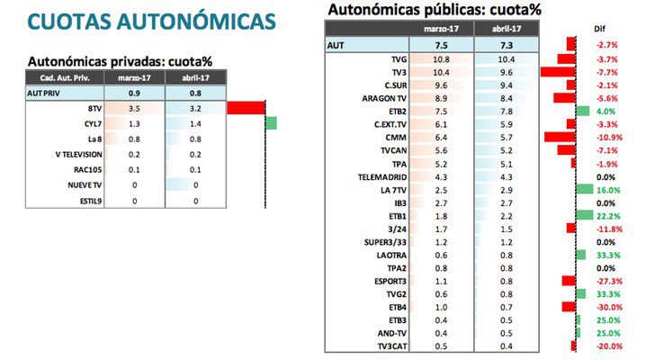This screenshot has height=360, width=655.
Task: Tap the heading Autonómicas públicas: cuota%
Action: pos(434,10)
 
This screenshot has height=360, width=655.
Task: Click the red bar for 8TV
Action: pos(246,107)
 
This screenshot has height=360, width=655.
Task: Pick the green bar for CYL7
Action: pos(271,122)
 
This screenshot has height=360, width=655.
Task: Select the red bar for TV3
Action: pos(557,71)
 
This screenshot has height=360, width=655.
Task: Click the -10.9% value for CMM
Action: pos(606,137)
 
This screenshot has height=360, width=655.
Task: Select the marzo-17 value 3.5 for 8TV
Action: pos(134,107)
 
